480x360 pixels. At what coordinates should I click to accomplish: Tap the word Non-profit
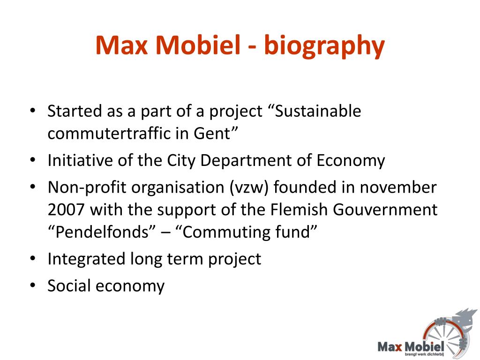87,187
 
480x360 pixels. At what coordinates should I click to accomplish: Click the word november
398,187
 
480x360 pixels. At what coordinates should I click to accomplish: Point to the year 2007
66,210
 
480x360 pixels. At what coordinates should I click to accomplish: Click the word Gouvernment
385,210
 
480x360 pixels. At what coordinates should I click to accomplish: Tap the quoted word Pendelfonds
102,232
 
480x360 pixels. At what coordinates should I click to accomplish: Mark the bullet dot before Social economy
33,285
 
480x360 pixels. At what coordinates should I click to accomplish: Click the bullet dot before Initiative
33,160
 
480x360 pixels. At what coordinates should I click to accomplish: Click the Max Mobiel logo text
411,347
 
